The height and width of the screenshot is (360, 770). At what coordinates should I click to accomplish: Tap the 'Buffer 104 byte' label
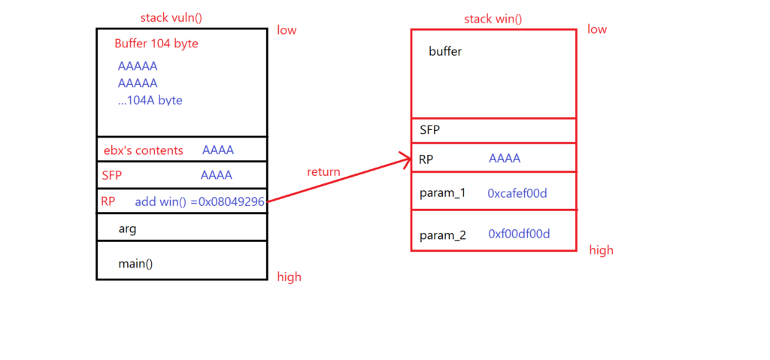(x=156, y=44)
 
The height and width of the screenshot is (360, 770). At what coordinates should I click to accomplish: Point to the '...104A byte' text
(x=150, y=100)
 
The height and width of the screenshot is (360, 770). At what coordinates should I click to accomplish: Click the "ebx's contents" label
(x=143, y=150)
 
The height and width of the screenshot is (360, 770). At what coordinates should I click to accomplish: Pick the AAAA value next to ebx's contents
(x=217, y=150)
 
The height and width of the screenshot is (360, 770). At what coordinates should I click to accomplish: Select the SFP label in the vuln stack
(x=111, y=175)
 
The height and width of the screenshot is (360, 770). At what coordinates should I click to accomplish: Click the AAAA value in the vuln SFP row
(x=216, y=175)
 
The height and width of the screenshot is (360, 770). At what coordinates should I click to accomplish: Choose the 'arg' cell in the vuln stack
(x=127, y=228)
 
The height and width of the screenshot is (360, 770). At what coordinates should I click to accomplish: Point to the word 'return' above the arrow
(x=323, y=172)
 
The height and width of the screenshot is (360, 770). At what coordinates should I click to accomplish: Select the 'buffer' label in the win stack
(x=445, y=52)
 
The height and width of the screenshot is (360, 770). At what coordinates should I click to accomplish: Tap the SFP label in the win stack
(x=430, y=129)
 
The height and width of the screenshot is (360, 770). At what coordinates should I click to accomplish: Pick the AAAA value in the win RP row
(x=505, y=159)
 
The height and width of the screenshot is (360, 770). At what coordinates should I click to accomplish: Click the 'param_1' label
(x=442, y=193)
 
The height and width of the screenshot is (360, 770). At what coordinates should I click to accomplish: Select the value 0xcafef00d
(x=517, y=193)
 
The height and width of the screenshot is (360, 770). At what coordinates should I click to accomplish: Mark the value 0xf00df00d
(x=519, y=234)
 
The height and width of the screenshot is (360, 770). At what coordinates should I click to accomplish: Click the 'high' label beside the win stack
(x=601, y=250)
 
